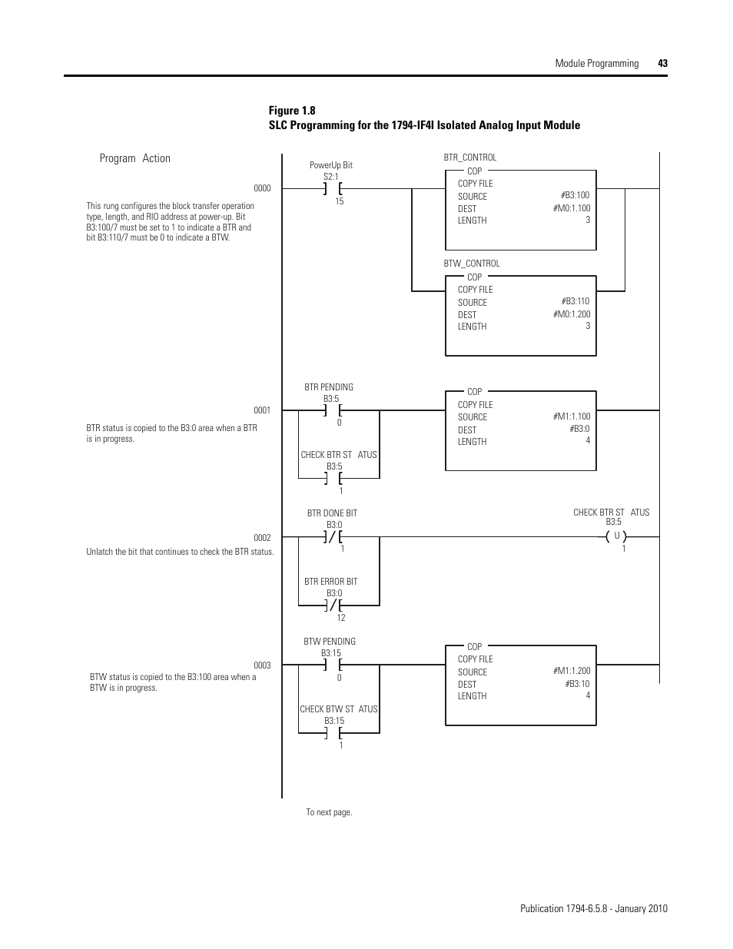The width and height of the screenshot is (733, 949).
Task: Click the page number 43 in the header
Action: (x=662, y=64)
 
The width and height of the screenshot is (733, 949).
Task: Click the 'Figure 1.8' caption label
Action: (x=292, y=110)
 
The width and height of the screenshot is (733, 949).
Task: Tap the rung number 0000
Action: (x=262, y=188)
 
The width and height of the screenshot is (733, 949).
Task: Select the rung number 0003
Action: (x=262, y=665)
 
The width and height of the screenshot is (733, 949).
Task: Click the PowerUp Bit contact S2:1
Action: (x=333, y=188)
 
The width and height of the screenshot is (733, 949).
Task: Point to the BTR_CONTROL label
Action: (x=470, y=158)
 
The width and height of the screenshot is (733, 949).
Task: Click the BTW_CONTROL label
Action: (x=472, y=264)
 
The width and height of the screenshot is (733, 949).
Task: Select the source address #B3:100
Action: (x=575, y=196)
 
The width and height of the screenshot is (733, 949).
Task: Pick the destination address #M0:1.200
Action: (x=572, y=314)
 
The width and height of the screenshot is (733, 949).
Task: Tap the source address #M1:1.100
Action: (x=572, y=416)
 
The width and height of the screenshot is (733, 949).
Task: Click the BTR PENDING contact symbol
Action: (x=333, y=411)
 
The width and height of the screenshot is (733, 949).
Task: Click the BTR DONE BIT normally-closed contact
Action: (x=333, y=537)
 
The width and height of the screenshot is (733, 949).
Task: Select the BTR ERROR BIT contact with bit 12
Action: (x=333, y=606)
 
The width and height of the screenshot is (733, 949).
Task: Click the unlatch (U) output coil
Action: (x=616, y=536)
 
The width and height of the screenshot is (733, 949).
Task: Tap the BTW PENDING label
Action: (x=330, y=642)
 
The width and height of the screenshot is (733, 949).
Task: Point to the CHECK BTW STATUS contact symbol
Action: (x=333, y=733)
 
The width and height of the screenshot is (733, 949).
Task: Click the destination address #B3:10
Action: (x=578, y=684)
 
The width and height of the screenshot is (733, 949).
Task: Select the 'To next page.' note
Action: (x=329, y=812)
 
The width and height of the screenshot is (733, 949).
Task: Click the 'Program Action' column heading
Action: (x=135, y=158)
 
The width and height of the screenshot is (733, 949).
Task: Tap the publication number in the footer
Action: (x=593, y=908)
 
